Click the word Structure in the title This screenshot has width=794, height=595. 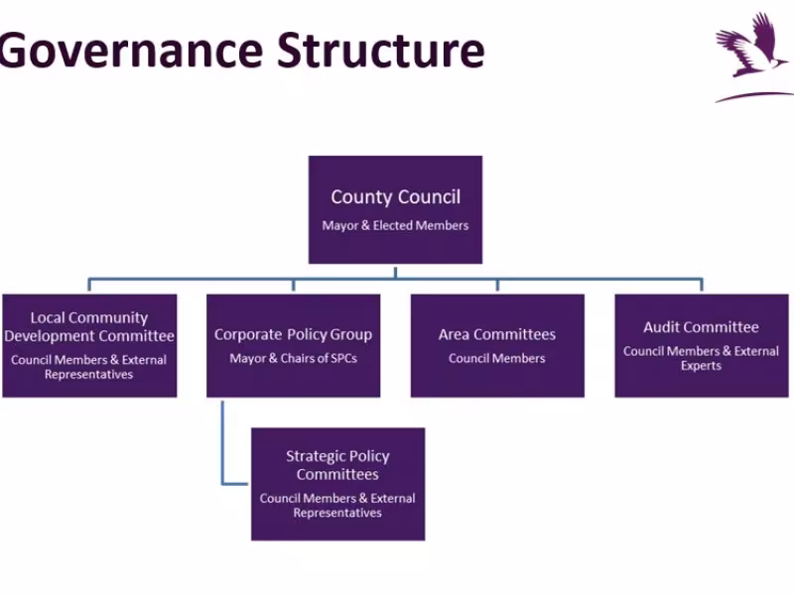[x=380, y=50]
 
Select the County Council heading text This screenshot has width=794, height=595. [x=395, y=197]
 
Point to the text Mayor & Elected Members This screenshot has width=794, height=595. [x=395, y=226]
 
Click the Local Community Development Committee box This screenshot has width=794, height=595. [x=89, y=345]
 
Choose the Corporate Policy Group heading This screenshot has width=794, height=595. [x=293, y=335]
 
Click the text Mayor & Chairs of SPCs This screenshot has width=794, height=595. [x=293, y=358]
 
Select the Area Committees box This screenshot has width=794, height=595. [x=497, y=345]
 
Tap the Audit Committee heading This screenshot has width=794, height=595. [x=701, y=327]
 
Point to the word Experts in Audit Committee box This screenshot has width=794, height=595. [x=701, y=366]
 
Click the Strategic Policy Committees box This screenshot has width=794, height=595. [x=337, y=484]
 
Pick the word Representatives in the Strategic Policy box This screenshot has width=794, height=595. [x=337, y=513]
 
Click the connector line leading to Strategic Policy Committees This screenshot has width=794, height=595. [x=223, y=446]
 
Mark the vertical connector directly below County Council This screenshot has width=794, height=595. [x=395, y=271]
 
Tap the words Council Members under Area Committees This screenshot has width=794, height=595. [x=497, y=358]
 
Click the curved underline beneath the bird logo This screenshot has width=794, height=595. [x=754, y=96]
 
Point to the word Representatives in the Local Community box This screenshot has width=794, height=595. [x=89, y=375]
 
